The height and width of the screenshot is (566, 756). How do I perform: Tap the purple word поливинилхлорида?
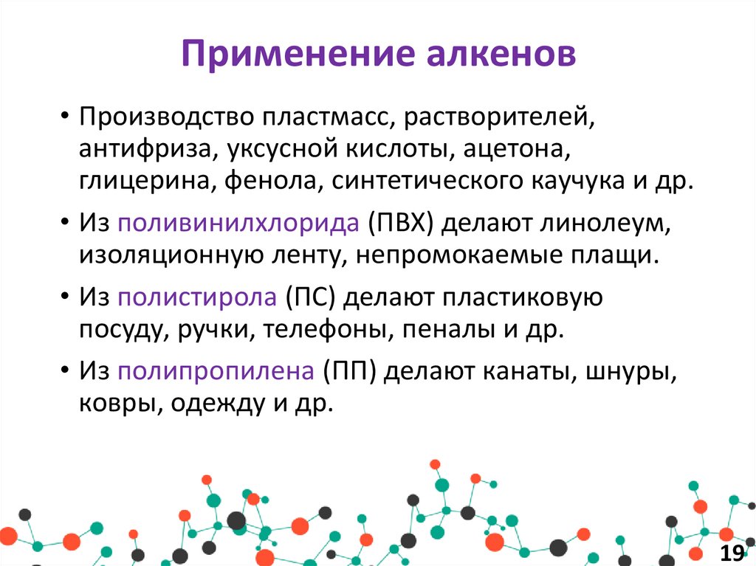(239, 223)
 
